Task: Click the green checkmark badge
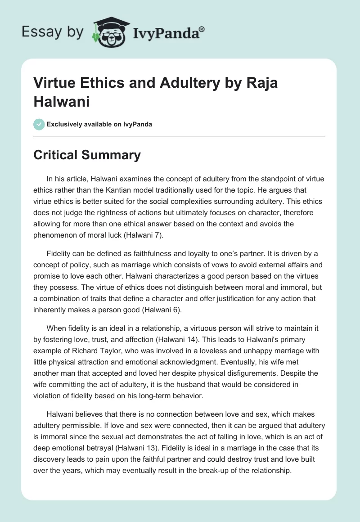[x=39, y=124]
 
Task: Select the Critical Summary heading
[x=87, y=155]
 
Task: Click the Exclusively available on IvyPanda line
[x=99, y=124]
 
